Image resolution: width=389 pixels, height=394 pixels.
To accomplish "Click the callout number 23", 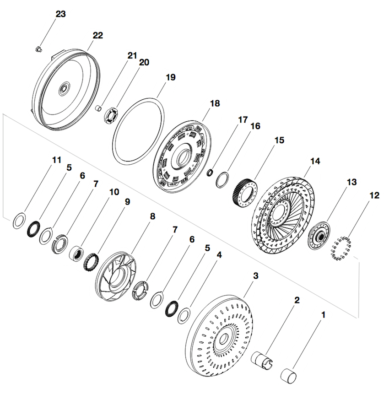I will point(60,14).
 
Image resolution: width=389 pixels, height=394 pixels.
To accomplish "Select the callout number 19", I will point(170,77).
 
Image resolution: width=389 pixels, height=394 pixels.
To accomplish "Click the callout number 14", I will point(315,161).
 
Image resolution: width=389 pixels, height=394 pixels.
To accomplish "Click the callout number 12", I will point(374,195).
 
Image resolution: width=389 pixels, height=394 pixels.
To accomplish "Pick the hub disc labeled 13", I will point(319,236).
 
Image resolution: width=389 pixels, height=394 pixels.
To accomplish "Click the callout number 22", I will point(97,35).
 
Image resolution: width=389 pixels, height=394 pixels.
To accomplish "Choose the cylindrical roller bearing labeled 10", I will point(75,252).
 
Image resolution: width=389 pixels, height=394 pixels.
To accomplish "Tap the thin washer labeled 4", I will point(184,316).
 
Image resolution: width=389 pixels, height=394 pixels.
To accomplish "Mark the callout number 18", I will point(215,104).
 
